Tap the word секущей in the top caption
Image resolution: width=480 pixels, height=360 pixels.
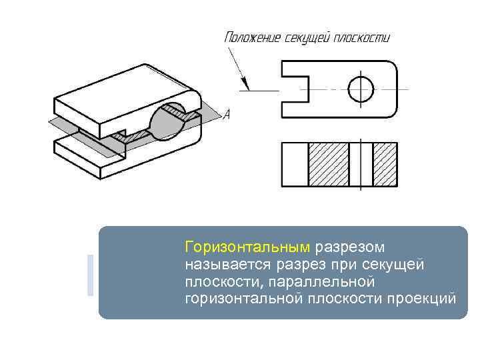308,37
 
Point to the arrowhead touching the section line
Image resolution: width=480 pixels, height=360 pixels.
244,85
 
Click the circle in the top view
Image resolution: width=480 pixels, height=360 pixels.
361,87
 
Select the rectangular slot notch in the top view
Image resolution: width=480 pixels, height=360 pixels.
296,88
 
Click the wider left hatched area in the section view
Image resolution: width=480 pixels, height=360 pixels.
328,165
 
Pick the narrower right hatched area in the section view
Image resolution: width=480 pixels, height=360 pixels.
385,165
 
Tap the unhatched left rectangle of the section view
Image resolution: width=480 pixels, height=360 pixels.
295,165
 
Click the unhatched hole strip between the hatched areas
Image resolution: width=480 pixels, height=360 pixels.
361,165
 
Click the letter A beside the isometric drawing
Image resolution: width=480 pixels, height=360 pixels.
227,115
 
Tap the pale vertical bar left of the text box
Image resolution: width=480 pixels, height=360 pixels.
91,275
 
